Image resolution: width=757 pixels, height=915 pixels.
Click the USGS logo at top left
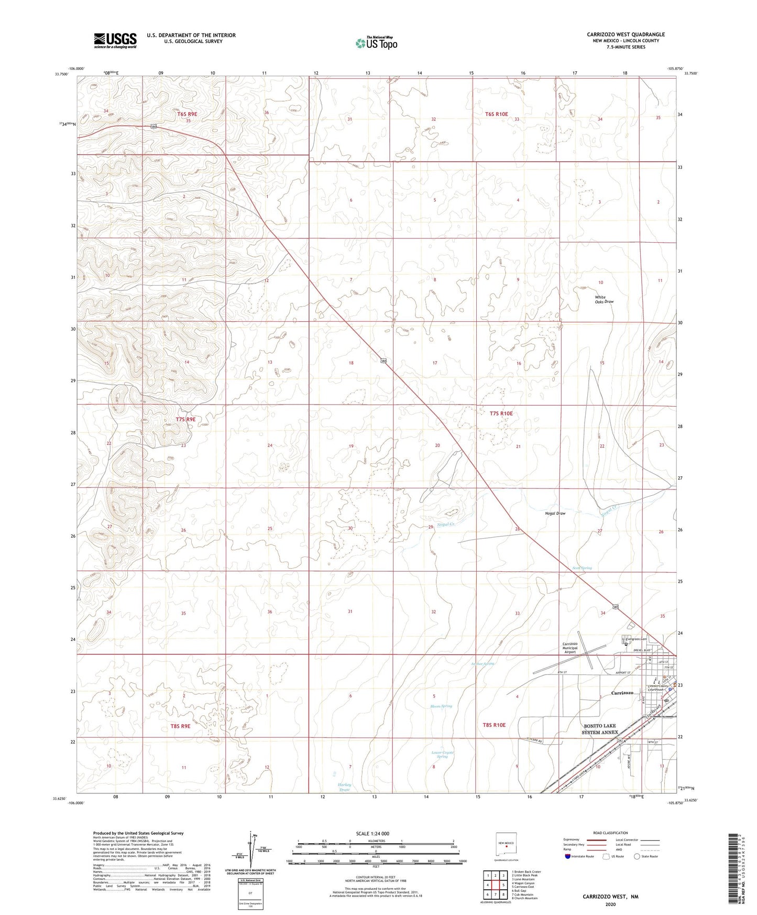(115, 40)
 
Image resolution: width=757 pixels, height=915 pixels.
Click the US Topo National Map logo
(376, 42)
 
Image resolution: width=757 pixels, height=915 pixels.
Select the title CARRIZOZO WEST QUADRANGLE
(626, 35)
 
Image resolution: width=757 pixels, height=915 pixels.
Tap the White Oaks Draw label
(604, 299)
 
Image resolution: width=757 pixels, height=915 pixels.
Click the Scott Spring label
(582, 568)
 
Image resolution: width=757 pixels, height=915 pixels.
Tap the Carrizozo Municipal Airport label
(570, 648)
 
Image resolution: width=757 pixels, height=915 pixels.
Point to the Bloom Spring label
(441, 706)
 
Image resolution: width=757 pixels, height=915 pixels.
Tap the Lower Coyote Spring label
(443, 755)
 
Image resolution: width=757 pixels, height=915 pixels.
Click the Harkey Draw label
(344, 787)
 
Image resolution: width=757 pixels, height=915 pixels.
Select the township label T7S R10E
(501, 413)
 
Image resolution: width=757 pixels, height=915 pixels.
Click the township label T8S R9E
(180, 726)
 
